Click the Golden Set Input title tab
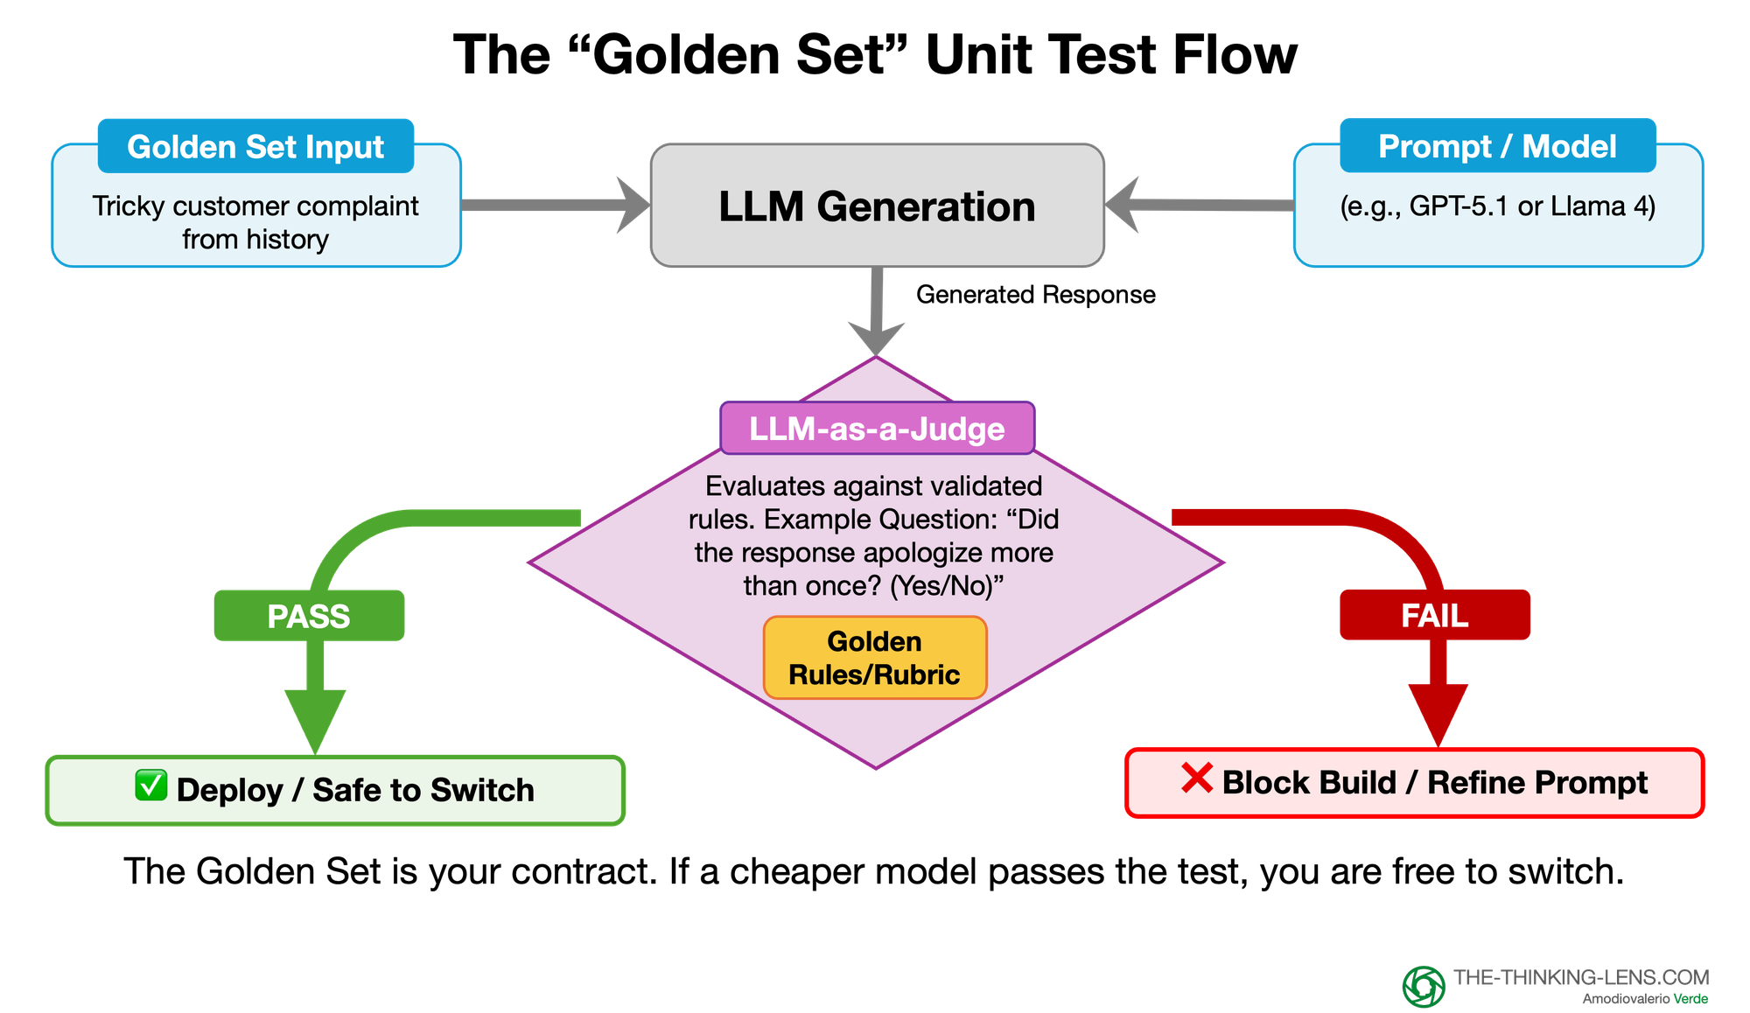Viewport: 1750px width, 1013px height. tap(255, 147)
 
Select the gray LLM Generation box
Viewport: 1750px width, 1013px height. tap(877, 206)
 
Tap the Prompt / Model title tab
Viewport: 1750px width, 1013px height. tap(1497, 146)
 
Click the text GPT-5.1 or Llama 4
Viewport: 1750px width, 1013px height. tap(1497, 206)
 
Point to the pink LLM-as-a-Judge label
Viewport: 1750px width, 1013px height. tap(877, 429)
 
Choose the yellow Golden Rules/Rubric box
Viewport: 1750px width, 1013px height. tap(875, 658)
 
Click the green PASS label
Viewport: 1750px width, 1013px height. tap(309, 616)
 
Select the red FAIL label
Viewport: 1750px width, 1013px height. tap(1435, 615)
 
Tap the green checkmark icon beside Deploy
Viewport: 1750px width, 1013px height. tap(150, 786)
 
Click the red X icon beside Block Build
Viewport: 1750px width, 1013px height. tap(1196, 778)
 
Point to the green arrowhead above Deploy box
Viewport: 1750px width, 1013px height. tap(315, 717)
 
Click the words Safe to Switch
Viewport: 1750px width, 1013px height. tap(423, 790)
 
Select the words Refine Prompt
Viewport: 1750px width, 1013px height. tap(1537, 783)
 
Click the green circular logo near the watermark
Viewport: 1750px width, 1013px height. tap(1424, 987)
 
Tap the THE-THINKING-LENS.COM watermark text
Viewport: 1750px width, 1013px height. tap(1581, 977)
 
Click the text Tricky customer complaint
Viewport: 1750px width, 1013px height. tap(255, 206)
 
